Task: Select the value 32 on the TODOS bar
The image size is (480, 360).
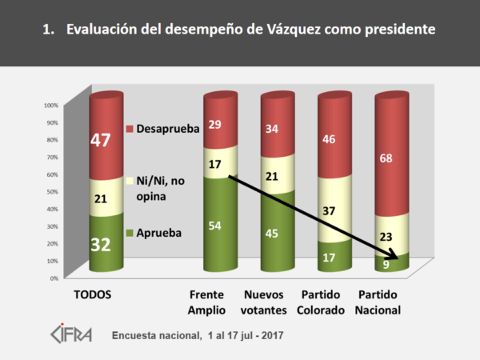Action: tap(100, 244)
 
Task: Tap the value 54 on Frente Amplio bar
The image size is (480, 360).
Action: tap(214, 225)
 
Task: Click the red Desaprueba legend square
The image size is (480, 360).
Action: tap(130, 128)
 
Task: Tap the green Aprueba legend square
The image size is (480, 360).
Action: tap(130, 234)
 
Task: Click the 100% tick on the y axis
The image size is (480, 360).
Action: tap(51, 105)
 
